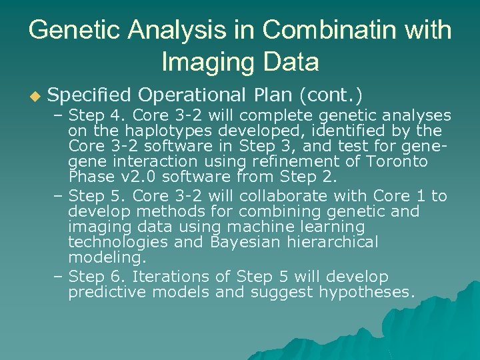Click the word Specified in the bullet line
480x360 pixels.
pos(90,97)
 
